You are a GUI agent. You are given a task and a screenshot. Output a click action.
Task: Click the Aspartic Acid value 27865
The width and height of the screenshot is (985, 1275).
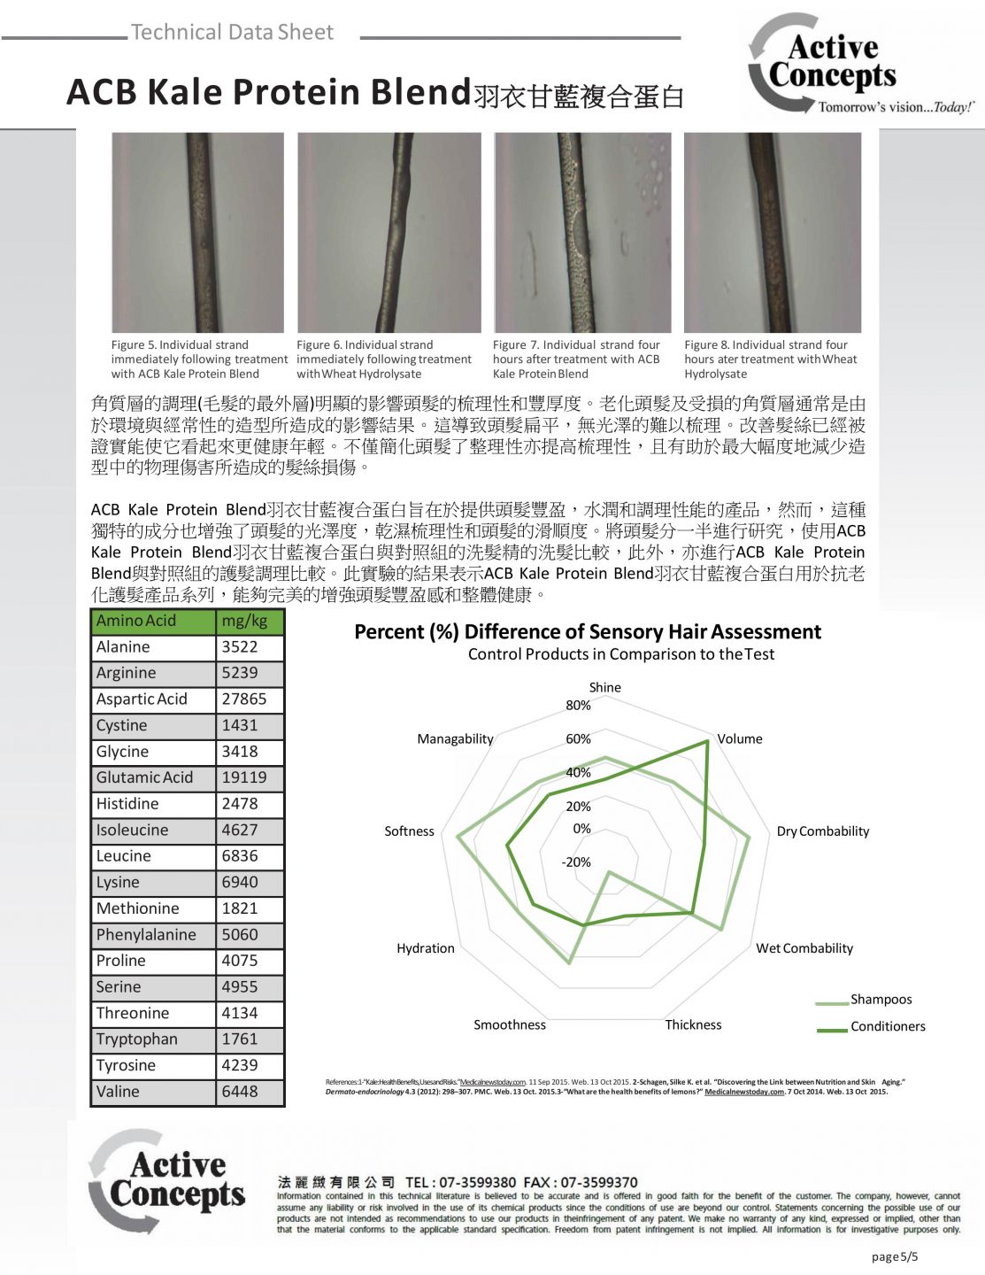(244, 699)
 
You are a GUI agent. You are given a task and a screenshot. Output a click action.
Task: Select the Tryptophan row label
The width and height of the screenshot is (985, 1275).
(137, 1039)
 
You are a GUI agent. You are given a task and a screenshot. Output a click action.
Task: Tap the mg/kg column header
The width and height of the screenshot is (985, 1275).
(244, 621)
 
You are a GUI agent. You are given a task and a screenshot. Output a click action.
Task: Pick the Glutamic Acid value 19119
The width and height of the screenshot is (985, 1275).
(244, 777)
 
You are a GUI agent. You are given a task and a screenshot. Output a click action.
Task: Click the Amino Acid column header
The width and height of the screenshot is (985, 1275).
(136, 621)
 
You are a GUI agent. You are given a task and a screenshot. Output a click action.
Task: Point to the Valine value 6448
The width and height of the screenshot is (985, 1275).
(240, 1092)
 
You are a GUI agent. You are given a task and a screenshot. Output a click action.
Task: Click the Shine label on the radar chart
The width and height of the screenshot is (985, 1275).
(605, 687)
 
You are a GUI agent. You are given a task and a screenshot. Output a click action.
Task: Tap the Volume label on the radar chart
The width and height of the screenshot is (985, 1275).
(740, 738)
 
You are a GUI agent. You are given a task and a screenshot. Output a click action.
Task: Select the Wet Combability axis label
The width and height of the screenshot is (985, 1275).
(804, 948)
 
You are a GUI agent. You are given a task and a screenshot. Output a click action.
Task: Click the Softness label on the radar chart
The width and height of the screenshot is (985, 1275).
(409, 831)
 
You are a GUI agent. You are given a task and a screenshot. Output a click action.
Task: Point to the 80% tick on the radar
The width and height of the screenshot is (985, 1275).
(579, 706)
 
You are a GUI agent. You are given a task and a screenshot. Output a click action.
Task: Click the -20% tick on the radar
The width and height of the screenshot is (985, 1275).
(577, 862)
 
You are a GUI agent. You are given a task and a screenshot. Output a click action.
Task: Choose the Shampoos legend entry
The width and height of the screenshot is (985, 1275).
(881, 1000)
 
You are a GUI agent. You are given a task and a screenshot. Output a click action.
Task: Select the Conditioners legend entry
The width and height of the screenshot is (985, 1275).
(888, 1027)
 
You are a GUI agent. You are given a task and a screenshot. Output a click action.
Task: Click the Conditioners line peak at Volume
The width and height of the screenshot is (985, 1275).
(707, 742)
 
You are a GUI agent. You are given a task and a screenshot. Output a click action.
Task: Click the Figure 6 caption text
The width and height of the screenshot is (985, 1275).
(384, 359)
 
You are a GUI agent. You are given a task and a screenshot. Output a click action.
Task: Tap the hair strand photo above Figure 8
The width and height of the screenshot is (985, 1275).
(773, 232)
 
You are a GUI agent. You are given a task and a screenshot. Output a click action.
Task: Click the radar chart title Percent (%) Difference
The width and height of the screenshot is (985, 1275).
(588, 632)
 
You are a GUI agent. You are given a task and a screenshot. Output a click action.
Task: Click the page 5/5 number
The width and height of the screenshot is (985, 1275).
(895, 1257)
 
